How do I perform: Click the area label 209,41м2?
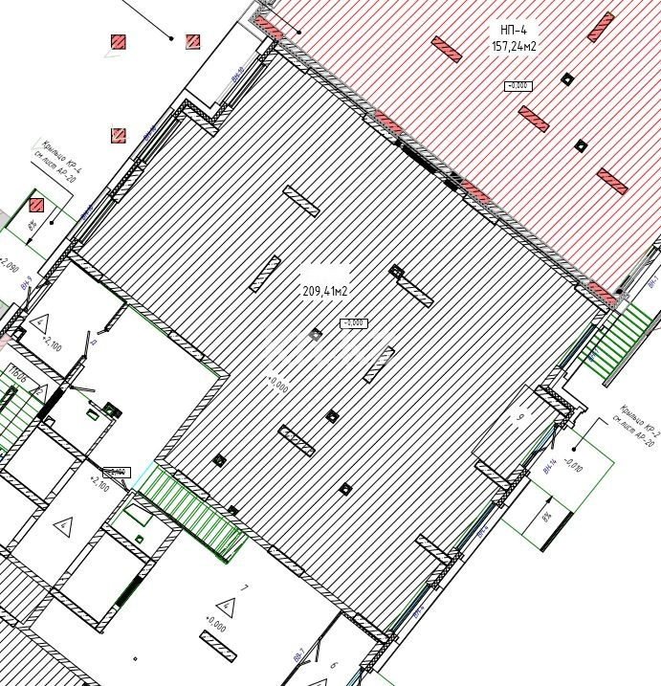click(x=325, y=291)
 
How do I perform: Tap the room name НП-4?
click(x=514, y=30)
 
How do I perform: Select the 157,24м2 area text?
click(x=514, y=46)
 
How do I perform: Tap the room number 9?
click(x=521, y=417)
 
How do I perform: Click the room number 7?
click(x=245, y=587)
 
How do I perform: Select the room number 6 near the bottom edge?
click(x=333, y=664)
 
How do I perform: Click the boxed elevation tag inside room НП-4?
click(x=518, y=86)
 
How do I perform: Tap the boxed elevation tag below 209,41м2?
click(x=353, y=322)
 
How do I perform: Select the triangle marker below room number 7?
click(x=226, y=606)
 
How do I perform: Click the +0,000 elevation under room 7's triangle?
click(x=214, y=627)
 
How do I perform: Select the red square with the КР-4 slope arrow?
click(x=36, y=204)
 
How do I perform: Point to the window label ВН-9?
click(x=28, y=282)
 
